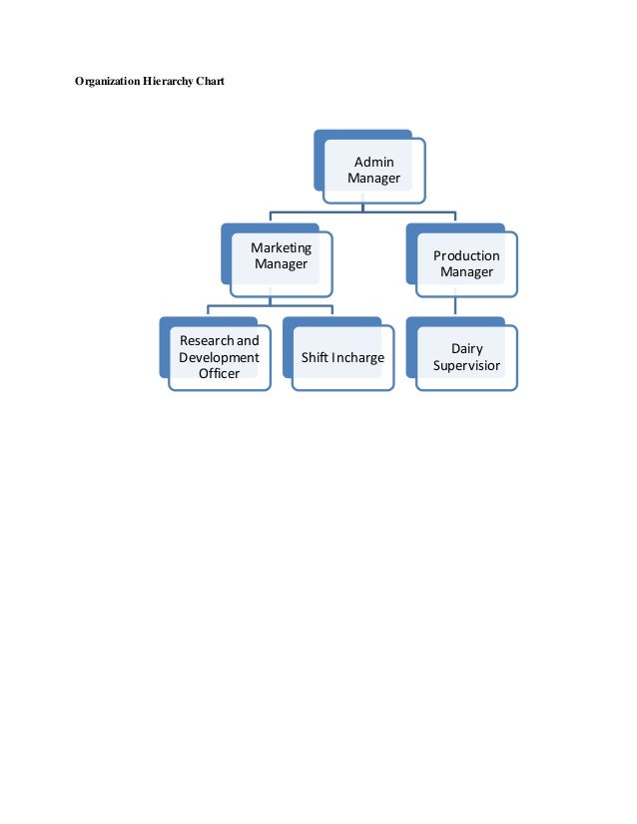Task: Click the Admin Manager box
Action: (x=373, y=171)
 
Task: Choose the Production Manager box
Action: (x=466, y=264)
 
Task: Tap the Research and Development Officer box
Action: (x=219, y=357)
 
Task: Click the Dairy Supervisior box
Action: (x=466, y=357)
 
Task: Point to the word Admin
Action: (x=374, y=162)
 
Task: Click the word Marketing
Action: (x=281, y=247)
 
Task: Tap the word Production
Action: (x=466, y=255)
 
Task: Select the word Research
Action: (x=206, y=340)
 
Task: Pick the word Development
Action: (x=219, y=357)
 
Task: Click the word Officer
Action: (x=219, y=373)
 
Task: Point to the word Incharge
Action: (x=358, y=357)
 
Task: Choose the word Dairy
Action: (x=466, y=348)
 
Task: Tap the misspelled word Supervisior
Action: (x=466, y=365)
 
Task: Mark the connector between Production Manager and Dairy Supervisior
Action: (x=455, y=307)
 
